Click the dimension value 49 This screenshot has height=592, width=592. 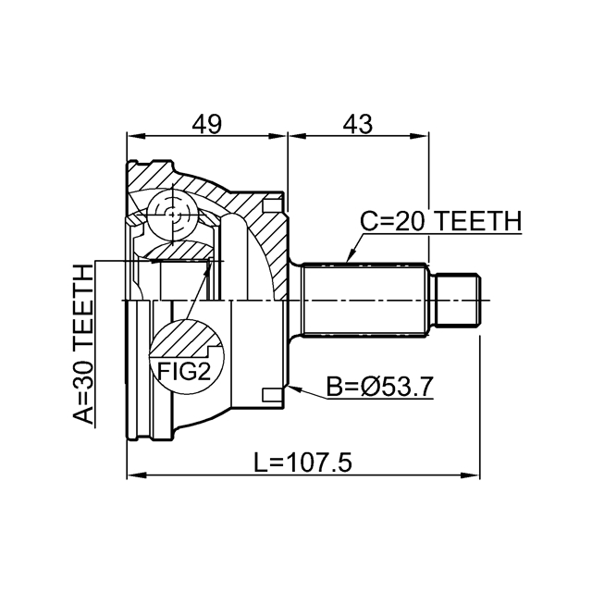[206, 124]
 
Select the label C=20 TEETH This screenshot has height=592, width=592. [440, 221]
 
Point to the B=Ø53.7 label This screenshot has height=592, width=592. [379, 387]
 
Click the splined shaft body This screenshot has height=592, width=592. [365, 301]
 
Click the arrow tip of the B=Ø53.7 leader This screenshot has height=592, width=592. [289, 388]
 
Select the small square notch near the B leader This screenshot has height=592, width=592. [272, 395]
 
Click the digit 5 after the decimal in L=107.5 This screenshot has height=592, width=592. [344, 462]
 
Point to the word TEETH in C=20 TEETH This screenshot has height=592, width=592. [479, 221]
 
